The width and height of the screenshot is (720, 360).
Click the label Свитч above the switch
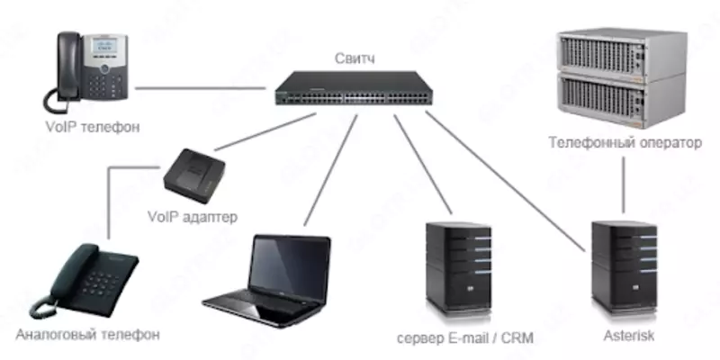pos(350,60)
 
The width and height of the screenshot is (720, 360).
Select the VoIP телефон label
pos(92,127)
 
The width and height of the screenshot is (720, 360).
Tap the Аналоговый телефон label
pos(87,335)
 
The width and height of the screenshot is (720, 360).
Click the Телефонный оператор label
pos(625,141)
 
